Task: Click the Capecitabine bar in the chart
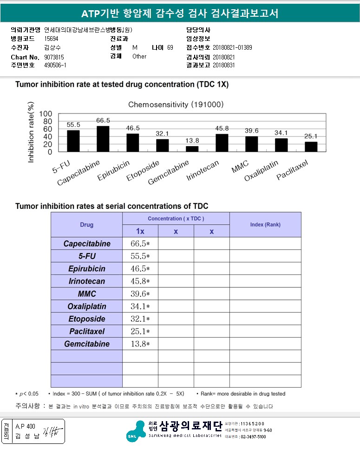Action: click(103, 138)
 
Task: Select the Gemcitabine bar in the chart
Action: click(192, 149)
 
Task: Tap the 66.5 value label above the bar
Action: click(103, 120)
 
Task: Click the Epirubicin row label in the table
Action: click(86, 269)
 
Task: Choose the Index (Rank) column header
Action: click(265, 225)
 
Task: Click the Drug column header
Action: click(86, 225)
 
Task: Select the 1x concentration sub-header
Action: click(140, 231)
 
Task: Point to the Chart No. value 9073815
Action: click(54, 57)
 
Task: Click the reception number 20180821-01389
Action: click(232, 48)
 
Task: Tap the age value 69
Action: click(170, 48)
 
